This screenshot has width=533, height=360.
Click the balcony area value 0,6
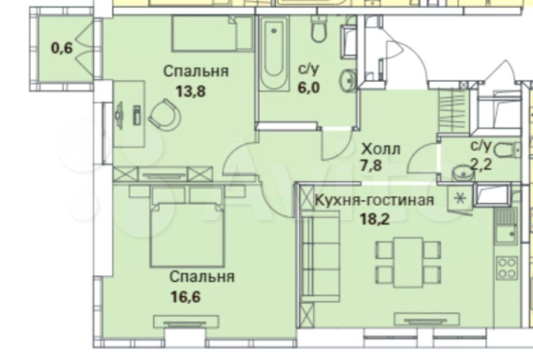tap(62, 48)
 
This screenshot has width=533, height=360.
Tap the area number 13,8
tap(190, 91)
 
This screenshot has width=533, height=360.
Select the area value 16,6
tap(186, 297)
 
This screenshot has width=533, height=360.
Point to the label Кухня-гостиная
tap(374, 200)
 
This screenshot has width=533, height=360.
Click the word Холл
tap(381, 149)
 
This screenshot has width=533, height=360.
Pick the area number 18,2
tap(375, 219)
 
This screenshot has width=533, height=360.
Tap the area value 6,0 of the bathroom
tap(308, 88)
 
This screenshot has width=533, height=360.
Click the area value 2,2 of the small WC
tap(481, 165)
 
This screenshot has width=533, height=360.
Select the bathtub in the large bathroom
tap(274, 53)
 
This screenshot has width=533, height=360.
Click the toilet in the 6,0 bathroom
tap(319, 30)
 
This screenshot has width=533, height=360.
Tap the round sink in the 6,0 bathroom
tap(348, 80)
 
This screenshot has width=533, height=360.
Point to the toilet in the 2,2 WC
tap(507, 150)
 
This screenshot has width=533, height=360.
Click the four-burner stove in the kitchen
tap(506, 269)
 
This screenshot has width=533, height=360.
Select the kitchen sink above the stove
tap(505, 233)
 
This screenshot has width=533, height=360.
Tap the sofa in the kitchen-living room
tap(320, 256)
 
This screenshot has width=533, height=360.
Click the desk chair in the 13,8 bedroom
tap(165, 115)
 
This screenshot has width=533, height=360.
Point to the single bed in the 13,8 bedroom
tap(212, 34)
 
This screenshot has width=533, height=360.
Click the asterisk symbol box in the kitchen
tap(461, 198)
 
